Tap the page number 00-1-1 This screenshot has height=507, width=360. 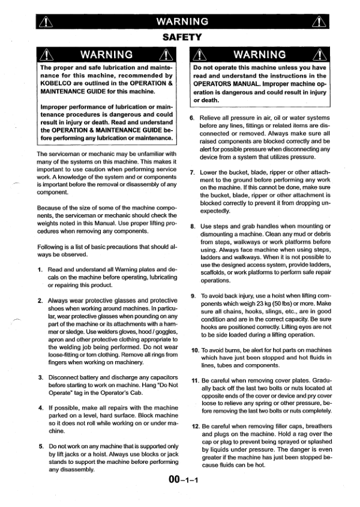(181, 480)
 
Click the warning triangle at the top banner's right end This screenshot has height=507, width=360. (317, 23)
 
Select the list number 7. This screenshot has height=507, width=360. (192, 173)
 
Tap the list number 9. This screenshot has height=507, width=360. (193, 296)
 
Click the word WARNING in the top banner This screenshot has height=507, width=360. (181, 22)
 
